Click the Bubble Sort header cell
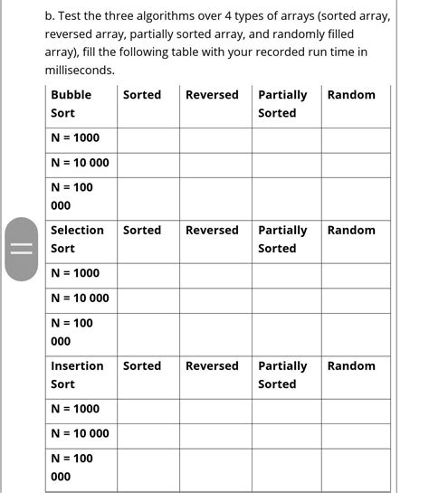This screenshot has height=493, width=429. [x=71, y=104]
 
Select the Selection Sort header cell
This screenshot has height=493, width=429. [x=77, y=239]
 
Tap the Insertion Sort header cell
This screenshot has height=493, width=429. [x=77, y=374]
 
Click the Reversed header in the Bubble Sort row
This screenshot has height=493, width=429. [x=212, y=95]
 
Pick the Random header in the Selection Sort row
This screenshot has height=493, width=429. [x=351, y=230]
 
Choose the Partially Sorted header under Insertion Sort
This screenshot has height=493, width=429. [x=282, y=374]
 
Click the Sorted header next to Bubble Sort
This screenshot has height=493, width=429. [x=142, y=95]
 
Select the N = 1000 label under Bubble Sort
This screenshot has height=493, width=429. [x=75, y=138]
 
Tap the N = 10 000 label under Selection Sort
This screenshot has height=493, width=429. [x=80, y=298]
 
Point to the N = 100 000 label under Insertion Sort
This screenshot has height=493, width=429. [x=71, y=467]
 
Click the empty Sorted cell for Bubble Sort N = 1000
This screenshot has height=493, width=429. [x=148, y=139]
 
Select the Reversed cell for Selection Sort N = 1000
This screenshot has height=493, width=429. [x=214, y=274]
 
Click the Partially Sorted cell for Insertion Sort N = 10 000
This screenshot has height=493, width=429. [x=286, y=433]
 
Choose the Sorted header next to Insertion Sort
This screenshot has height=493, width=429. [x=142, y=365]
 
